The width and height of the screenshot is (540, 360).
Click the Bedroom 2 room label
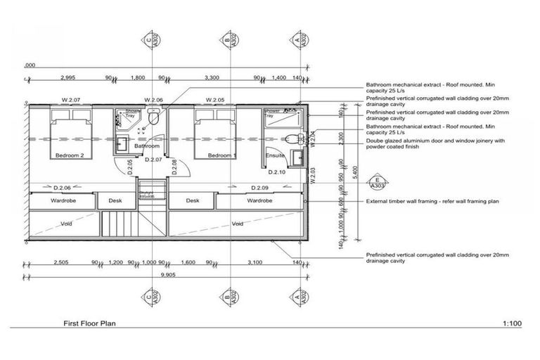tap(70, 155)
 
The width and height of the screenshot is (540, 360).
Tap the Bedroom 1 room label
tap(221, 155)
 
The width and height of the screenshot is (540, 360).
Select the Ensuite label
tap(275, 155)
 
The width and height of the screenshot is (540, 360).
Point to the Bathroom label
tap(146, 146)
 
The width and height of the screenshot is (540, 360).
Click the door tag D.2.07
tap(154, 160)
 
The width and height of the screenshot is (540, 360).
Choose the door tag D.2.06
tap(64, 188)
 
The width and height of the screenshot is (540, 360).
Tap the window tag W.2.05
tap(215, 100)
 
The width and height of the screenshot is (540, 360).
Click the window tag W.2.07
tap(72, 100)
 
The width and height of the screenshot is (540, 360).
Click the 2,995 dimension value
tap(68, 77)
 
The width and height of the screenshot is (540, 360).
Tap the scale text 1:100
tap(512, 324)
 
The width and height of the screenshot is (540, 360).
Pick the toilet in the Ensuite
tap(295, 136)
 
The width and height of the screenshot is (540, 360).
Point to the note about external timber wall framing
tap(432, 201)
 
